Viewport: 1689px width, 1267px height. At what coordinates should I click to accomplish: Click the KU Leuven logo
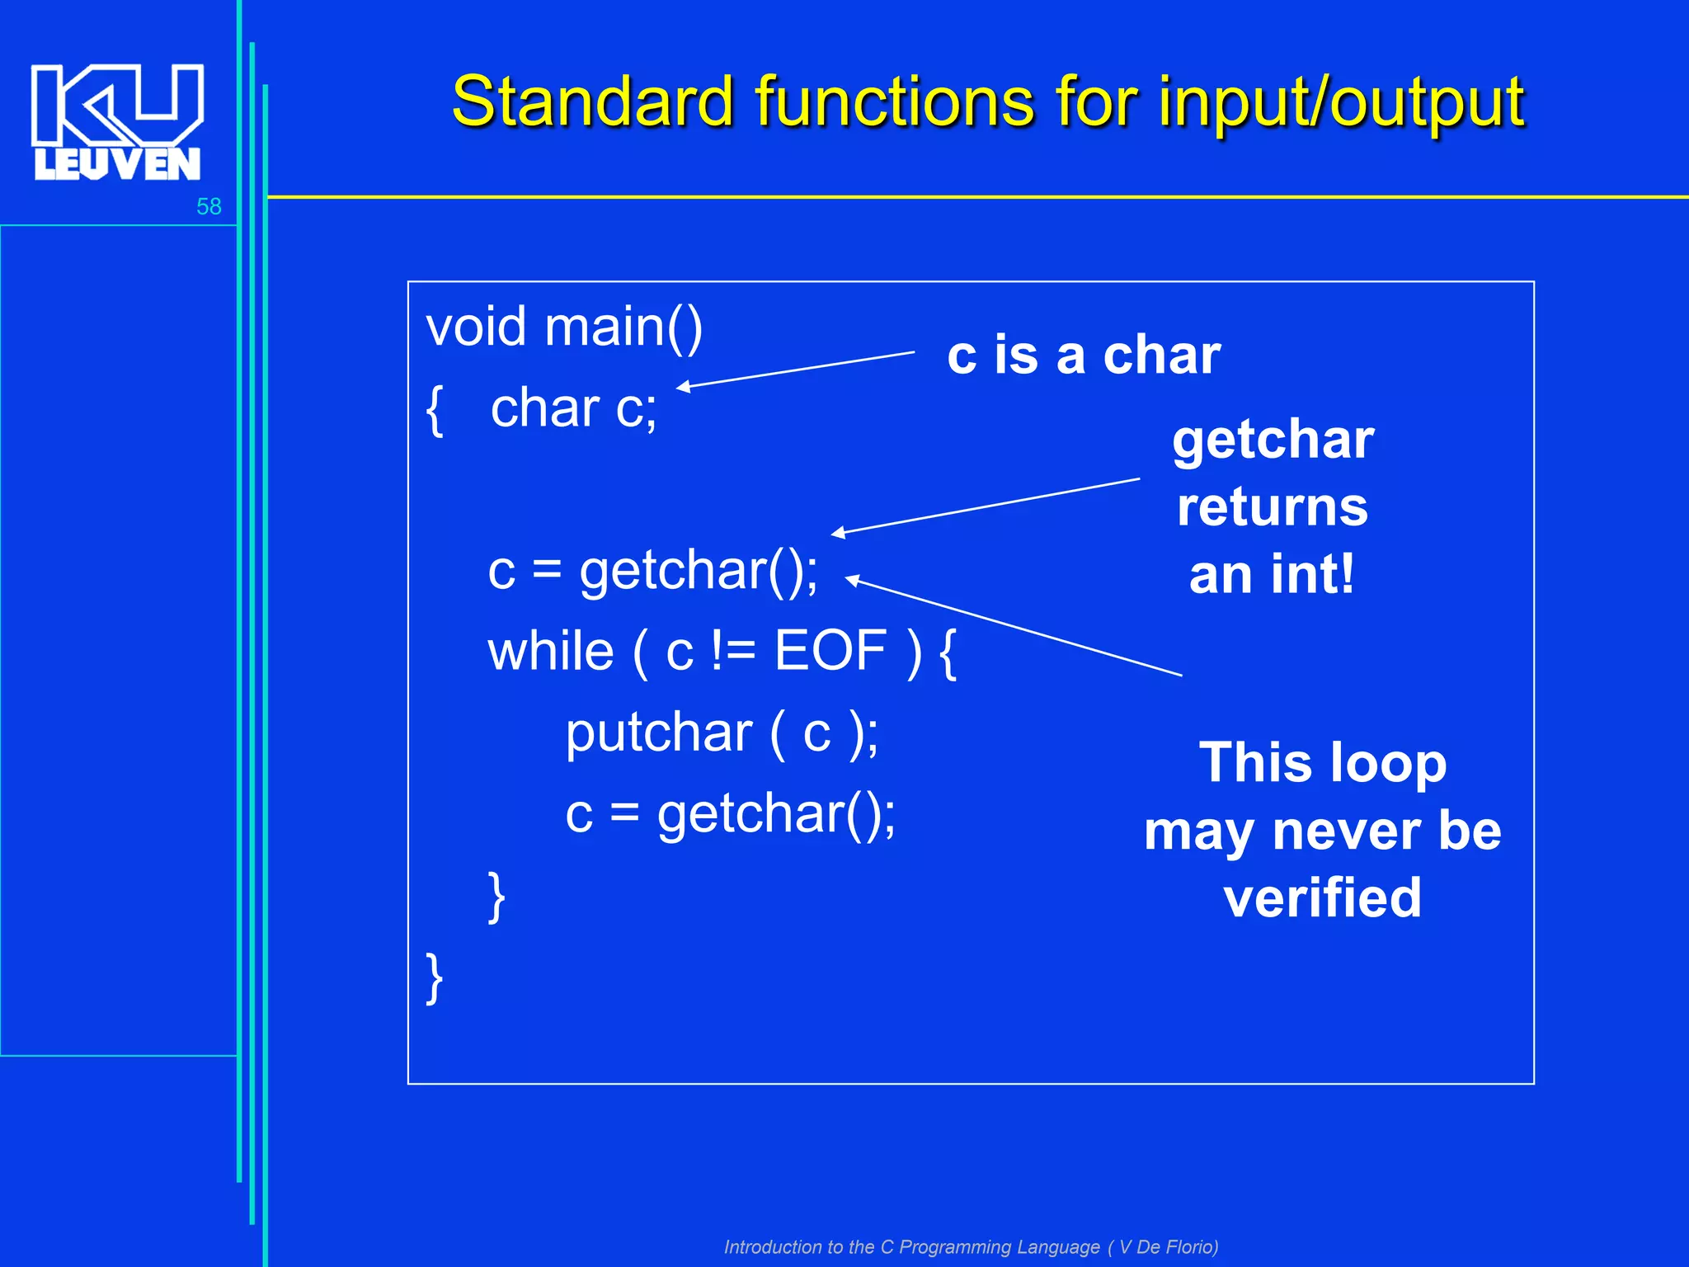(x=117, y=121)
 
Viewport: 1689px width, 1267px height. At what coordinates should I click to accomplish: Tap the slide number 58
(x=209, y=206)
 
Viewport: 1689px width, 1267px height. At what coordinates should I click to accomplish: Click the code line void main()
(x=564, y=327)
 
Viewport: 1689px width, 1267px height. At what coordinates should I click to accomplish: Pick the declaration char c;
(x=574, y=407)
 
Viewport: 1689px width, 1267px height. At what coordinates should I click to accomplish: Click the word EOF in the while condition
(x=830, y=651)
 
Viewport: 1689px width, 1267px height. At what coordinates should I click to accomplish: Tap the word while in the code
(x=551, y=651)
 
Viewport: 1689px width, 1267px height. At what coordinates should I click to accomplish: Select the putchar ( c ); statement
(x=722, y=732)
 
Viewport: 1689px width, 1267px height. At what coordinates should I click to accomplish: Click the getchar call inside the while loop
(x=776, y=814)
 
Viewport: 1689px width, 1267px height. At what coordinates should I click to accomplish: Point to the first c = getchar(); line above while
(x=653, y=571)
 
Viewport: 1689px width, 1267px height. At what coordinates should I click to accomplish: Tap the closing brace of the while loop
(x=496, y=897)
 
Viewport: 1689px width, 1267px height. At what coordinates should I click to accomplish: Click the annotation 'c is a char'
(x=1084, y=356)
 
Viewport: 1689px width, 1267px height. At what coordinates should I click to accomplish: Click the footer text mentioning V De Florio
(x=971, y=1246)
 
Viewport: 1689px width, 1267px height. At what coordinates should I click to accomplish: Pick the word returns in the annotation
(x=1273, y=506)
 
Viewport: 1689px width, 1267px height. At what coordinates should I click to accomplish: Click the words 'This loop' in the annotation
(x=1323, y=762)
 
